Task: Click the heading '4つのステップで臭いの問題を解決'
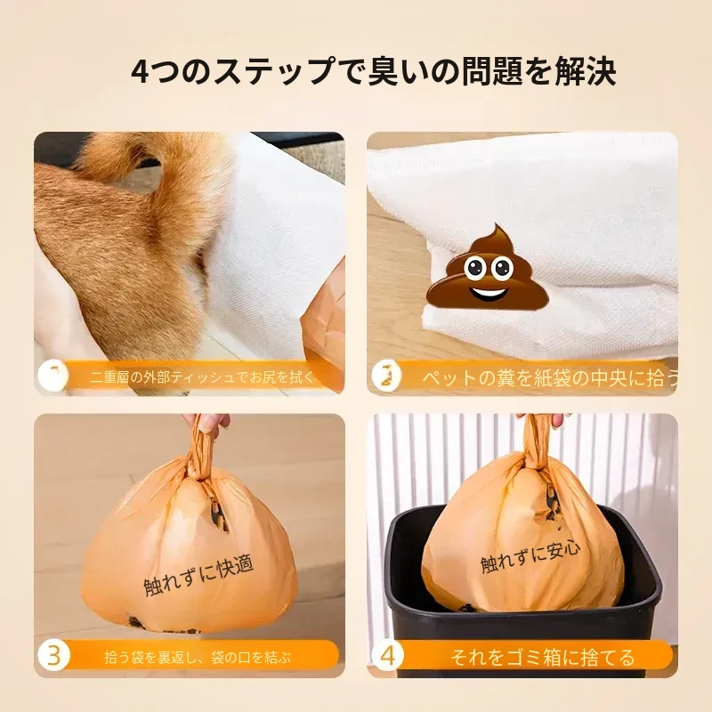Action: point(373,71)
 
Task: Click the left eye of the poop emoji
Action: point(474,268)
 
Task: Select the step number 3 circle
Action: point(54,656)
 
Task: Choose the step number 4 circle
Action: point(387,656)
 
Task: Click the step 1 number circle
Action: point(53,376)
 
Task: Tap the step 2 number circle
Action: point(387,376)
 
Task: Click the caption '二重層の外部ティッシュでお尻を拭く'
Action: point(202,376)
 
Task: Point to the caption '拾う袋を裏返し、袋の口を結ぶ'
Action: point(198,657)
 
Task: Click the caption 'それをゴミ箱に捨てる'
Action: point(542,657)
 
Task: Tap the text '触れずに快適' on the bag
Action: point(198,576)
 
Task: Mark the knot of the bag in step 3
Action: point(198,463)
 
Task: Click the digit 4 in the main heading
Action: point(141,72)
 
